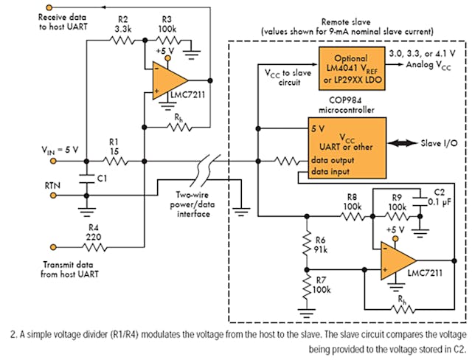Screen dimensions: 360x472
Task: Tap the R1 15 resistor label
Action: tap(114, 147)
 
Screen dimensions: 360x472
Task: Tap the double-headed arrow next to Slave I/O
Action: tap(406, 142)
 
